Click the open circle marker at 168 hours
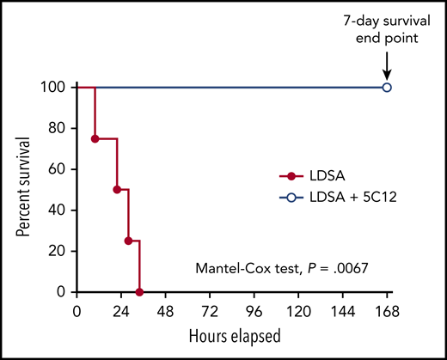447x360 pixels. [x=387, y=87]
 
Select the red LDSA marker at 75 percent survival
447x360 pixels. [x=95, y=138]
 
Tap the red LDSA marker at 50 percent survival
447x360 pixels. [x=117, y=189]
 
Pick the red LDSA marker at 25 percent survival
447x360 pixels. [x=128, y=241]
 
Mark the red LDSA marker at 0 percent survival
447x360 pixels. [x=139, y=292]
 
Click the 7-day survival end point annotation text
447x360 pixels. [x=387, y=29]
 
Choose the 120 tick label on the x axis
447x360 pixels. [x=298, y=308]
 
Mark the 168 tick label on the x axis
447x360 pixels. [x=387, y=308]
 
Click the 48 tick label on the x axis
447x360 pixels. [x=166, y=308]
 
